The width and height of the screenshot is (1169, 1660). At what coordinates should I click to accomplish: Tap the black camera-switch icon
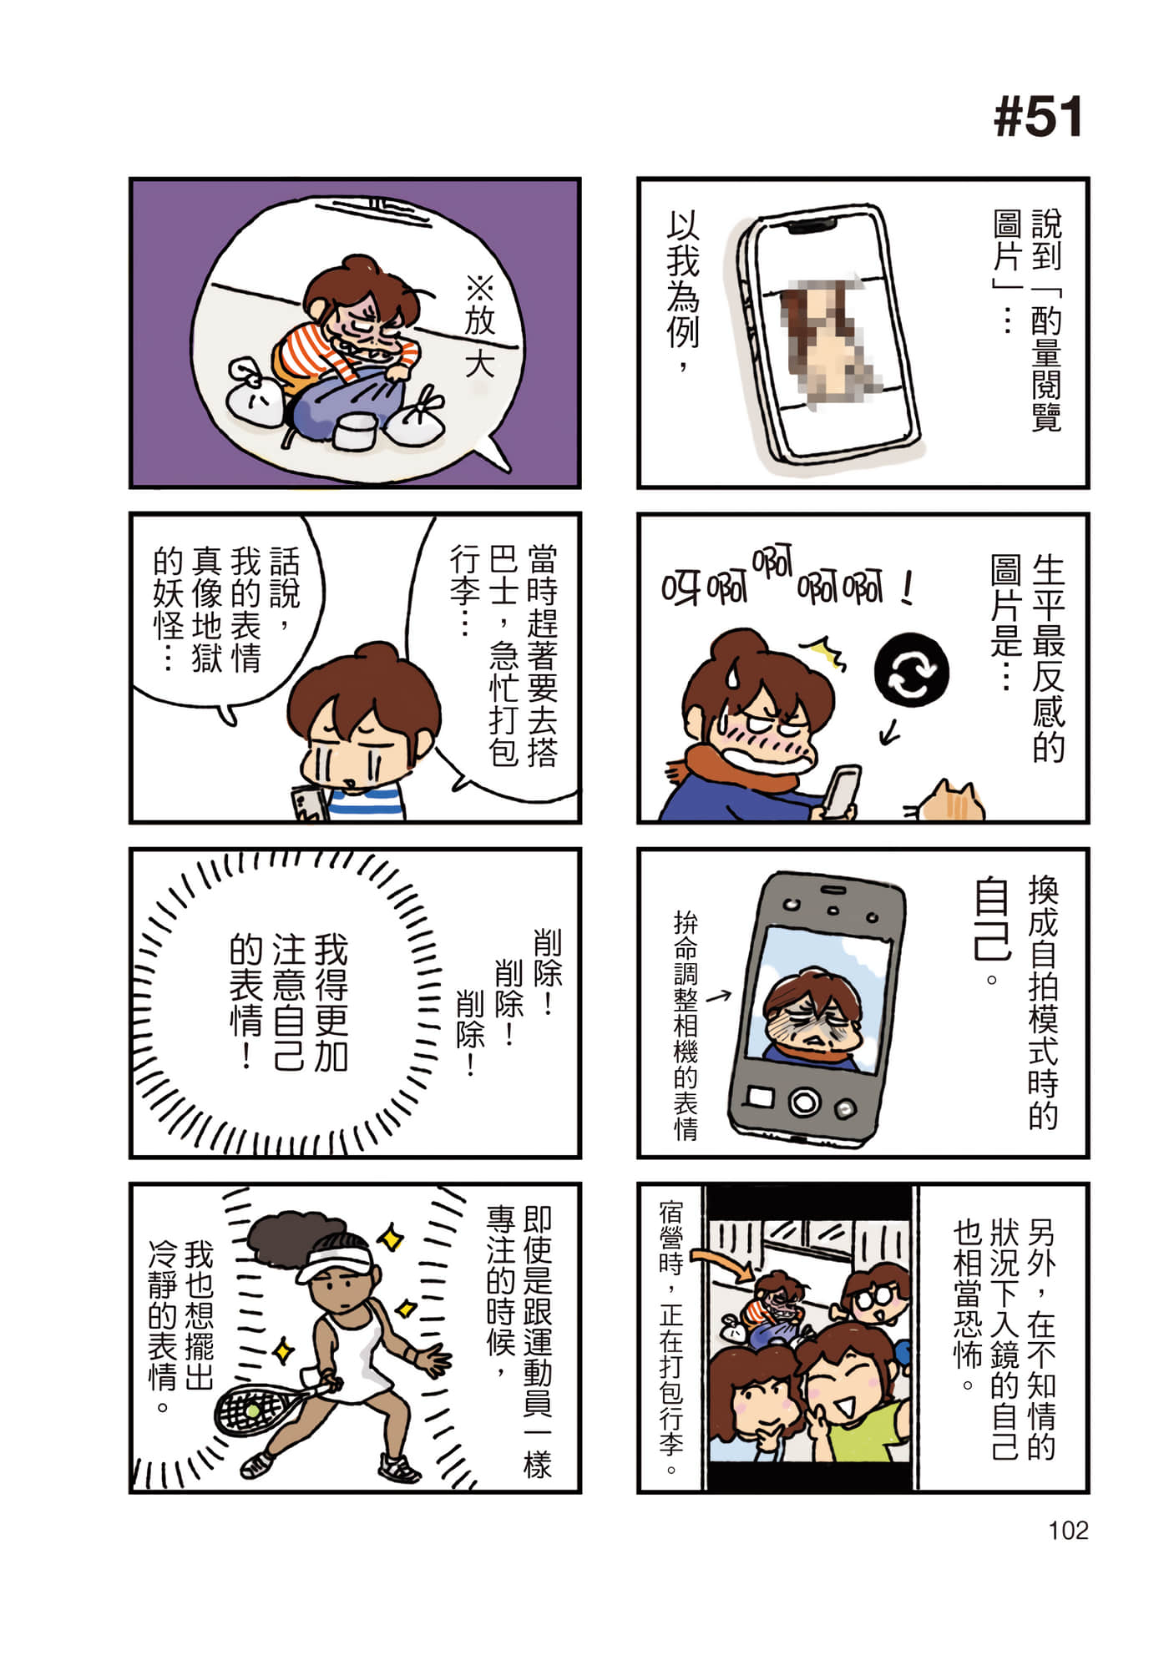click(911, 671)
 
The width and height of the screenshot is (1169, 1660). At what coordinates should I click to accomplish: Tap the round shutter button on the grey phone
click(803, 1102)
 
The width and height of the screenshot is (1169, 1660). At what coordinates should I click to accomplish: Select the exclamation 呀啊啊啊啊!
click(785, 580)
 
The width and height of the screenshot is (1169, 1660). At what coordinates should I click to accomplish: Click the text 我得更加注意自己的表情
click(289, 1001)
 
